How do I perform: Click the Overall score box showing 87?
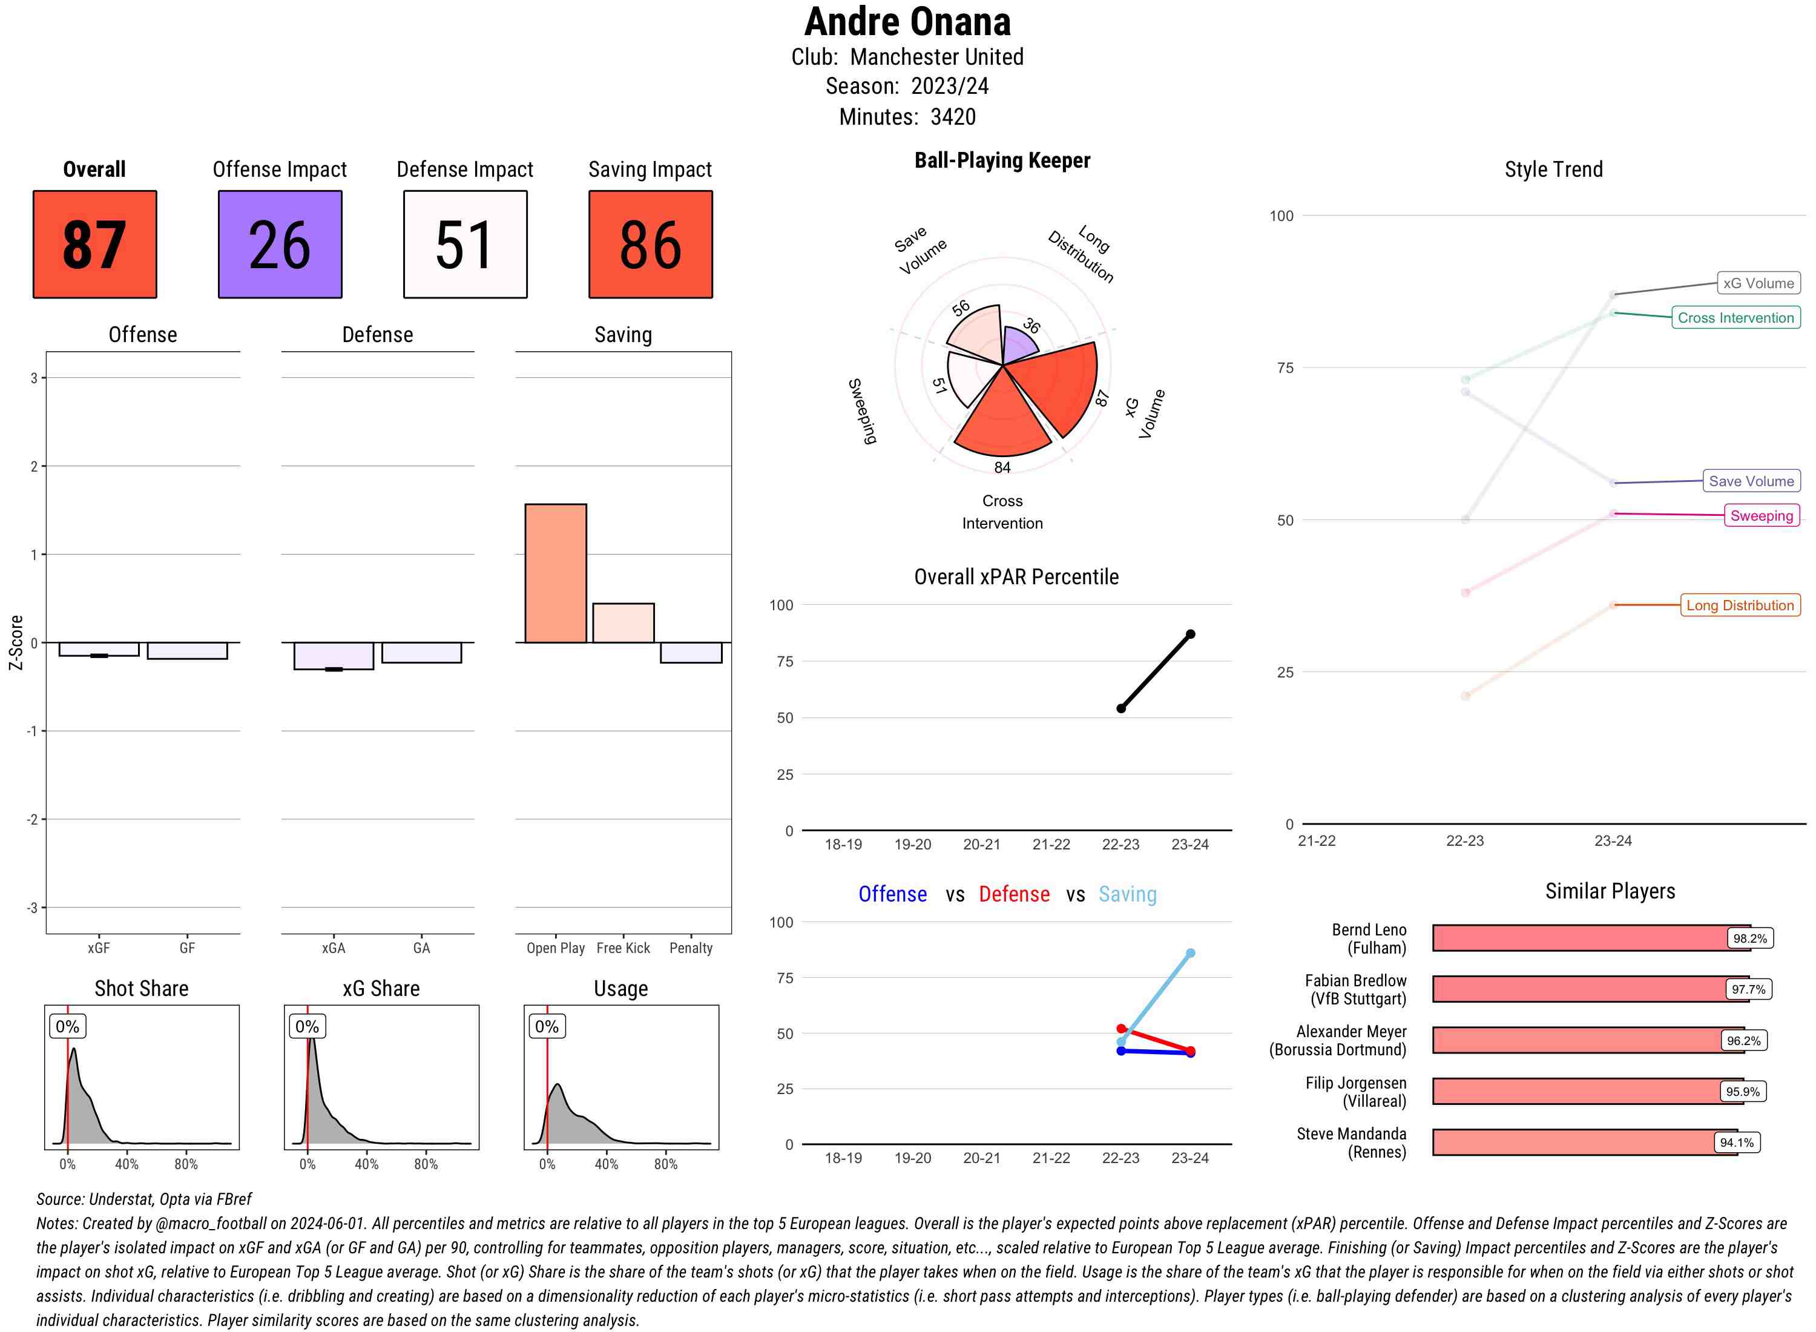[94, 245]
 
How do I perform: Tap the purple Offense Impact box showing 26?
[280, 245]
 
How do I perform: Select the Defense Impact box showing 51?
[465, 245]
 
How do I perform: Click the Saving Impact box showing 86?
[651, 245]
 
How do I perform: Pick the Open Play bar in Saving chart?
[555, 573]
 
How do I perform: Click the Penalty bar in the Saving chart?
[691, 652]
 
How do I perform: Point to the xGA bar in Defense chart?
[334, 656]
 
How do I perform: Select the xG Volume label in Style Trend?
[1758, 283]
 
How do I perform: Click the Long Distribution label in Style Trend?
[1740, 605]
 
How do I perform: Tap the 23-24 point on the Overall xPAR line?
[1191, 635]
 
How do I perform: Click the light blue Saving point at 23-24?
[1191, 953]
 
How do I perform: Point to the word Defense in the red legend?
[1014, 894]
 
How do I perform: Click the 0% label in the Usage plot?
[547, 1026]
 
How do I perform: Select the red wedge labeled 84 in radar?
[1002, 415]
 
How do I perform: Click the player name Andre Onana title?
[907, 22]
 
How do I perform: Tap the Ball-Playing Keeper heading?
[1002, 160]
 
